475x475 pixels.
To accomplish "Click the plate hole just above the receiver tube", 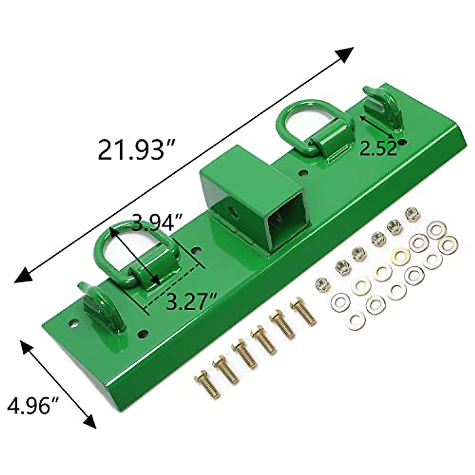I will coord(303,173).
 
